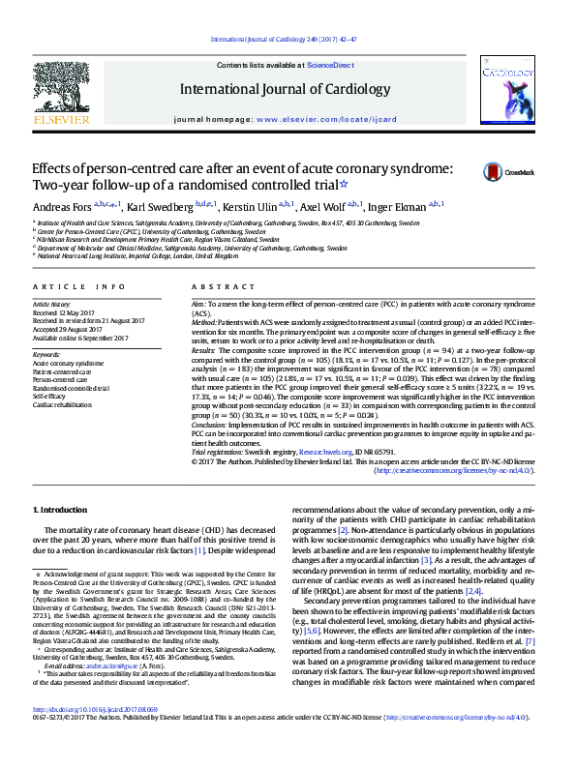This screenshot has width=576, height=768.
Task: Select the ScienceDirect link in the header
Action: [330, 64]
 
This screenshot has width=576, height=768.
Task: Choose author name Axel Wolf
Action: [320, 208]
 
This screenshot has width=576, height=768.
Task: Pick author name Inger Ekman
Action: [392, 208]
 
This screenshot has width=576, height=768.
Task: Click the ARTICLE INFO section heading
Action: [79, 287]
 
